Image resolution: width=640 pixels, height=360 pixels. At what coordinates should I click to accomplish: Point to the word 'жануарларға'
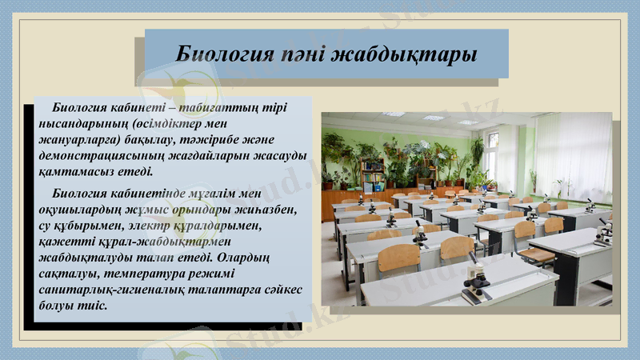pos(76,140)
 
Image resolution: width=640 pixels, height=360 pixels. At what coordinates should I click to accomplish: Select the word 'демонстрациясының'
pos(103,156)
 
